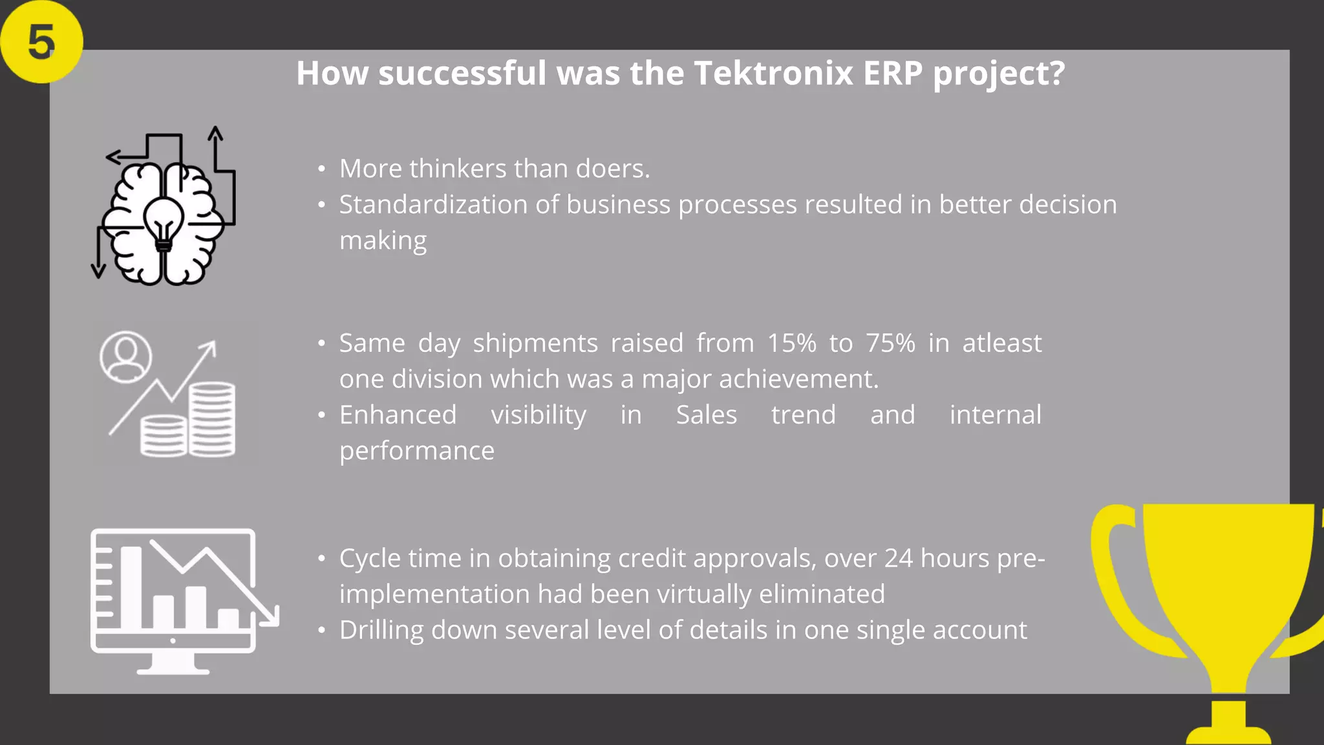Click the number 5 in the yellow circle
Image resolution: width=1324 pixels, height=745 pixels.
pos(41,43)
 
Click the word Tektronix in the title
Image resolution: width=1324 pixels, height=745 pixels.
pos(773,73)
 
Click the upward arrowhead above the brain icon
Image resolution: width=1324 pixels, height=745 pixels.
pos(215,133)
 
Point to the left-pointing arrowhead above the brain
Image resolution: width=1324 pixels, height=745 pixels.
pos(113,157)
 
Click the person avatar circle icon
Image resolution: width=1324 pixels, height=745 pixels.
pos(126,357)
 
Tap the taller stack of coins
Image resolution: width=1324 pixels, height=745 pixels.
pos(212,419)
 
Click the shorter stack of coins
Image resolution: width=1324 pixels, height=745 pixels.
pos(164,436)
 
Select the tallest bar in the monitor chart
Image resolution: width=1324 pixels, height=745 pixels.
pos(131,587)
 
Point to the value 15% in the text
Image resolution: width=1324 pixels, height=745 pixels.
pos(791,343)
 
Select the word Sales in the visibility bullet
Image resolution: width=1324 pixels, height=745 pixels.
pos(706,415)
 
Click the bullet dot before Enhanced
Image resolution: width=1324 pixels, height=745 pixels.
pos(321,415)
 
